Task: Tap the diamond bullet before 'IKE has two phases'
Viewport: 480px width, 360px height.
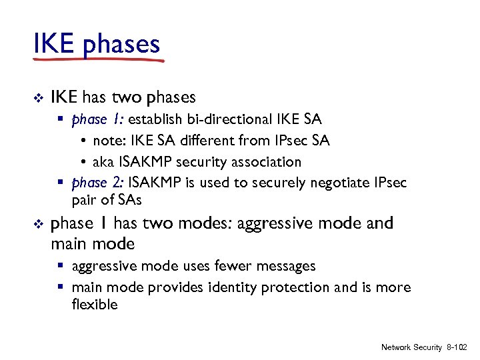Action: [37, 98]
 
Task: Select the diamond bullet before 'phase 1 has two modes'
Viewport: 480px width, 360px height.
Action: [37, 224]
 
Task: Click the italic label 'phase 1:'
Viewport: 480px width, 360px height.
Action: [97, 120]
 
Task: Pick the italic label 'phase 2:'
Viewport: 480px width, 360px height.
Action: [98, 183]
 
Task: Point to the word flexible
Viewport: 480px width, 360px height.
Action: [94, 305]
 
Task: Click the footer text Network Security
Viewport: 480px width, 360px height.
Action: [411, 347]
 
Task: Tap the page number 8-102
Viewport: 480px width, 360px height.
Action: [457, 347]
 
